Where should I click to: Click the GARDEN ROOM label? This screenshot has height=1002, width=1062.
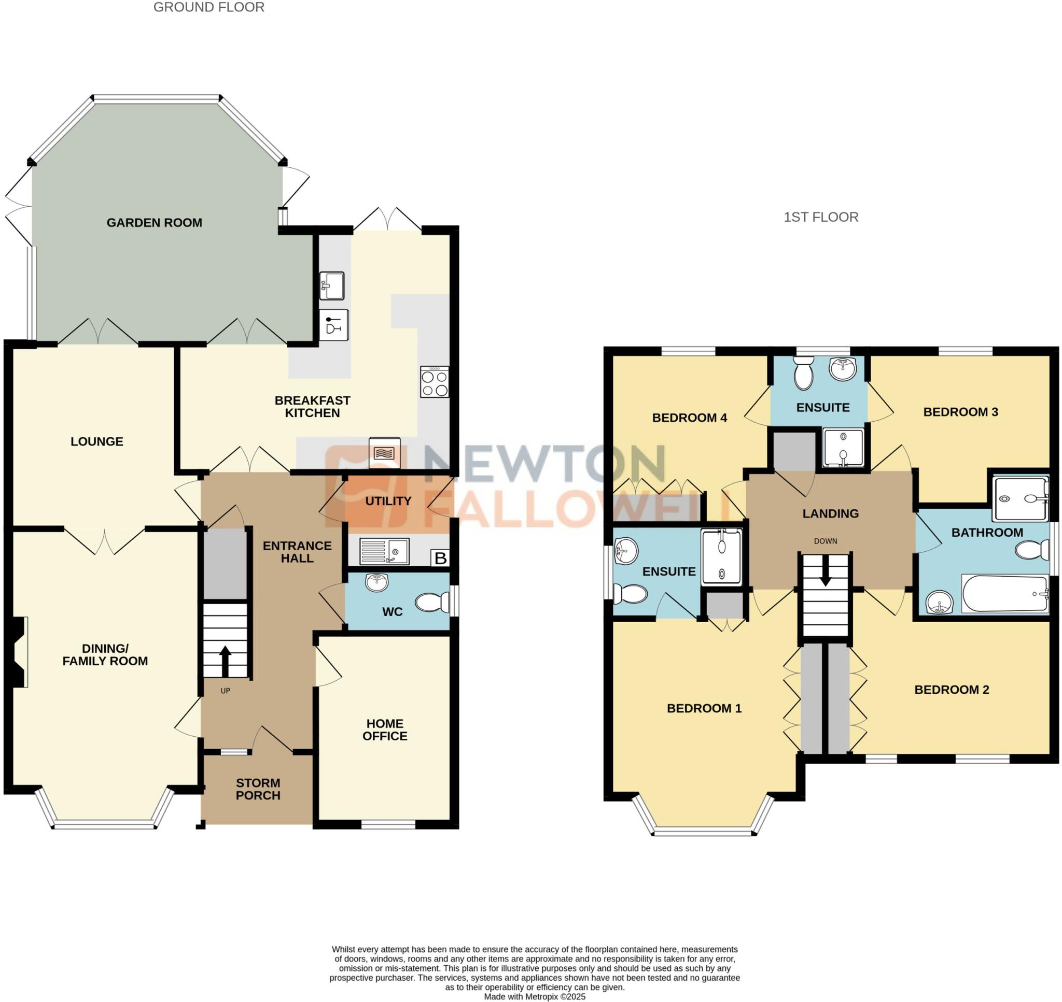[154, 223]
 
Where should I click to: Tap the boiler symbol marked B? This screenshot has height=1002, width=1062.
[440, 558]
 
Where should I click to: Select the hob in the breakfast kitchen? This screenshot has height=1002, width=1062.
[435, 382]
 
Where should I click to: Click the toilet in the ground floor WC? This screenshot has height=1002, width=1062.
[432, 603]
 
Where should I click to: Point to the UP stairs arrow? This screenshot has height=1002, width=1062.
[225, 660]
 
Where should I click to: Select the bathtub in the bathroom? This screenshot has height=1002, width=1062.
[1004, 593]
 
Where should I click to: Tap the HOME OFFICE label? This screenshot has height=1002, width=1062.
[384, 729]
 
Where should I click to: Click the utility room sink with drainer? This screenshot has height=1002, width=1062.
[384, 551]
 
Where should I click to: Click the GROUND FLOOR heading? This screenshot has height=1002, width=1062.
[208, 7]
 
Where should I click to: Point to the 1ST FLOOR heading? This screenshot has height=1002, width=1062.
[820, 217]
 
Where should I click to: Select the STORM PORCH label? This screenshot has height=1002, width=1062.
[258, 789]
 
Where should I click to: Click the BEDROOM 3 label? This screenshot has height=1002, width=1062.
[960, 412]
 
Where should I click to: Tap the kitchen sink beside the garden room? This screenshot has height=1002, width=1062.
[331, 286]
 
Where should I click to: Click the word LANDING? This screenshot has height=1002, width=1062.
[830, 513]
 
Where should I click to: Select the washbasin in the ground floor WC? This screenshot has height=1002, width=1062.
[377, 582]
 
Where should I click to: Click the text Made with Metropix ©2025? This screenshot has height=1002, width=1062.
[535, 996]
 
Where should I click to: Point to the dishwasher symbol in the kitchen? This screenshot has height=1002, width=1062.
[333, 325]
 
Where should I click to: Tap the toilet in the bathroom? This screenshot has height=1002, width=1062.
[1031, 550]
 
